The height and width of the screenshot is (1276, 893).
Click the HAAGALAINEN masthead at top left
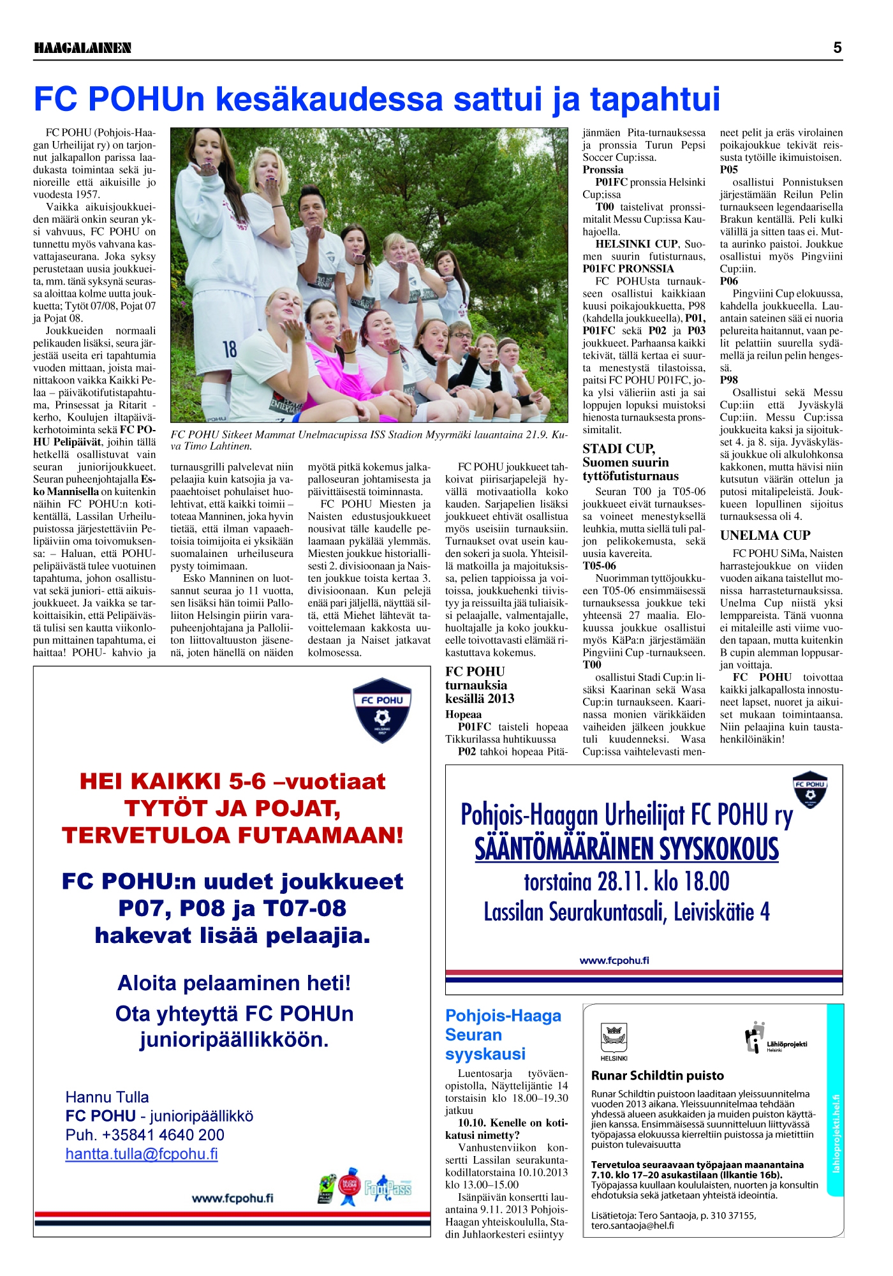[82, 48]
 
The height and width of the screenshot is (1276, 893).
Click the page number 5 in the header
[837, 48]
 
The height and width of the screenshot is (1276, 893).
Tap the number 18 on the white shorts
[230, 349]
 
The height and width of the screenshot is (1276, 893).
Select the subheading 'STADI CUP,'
[618, 449]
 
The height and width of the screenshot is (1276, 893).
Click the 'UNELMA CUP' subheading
[765, 535]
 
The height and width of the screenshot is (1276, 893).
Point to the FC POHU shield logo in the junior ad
[382, 710]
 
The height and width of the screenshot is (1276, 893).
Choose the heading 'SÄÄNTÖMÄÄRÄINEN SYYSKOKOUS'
[626, 849]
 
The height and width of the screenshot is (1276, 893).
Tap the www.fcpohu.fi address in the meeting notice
[614, 960]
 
